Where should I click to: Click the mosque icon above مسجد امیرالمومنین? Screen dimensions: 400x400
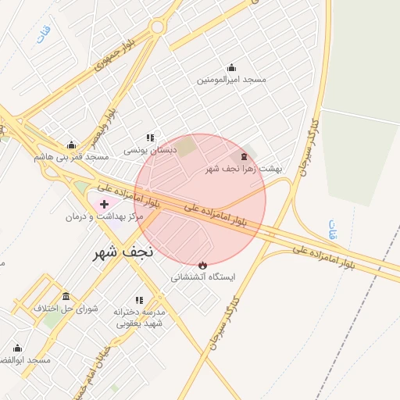[230, 68]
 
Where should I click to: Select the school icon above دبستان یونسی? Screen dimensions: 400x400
[150, 137]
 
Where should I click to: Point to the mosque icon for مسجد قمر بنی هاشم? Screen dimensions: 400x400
[71, 145]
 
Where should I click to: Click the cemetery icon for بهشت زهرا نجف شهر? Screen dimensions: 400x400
[244, 156]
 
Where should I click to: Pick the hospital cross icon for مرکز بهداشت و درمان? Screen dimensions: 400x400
[104, 204]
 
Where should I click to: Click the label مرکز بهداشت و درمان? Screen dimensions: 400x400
[104, 216]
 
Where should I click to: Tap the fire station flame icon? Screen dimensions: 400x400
[204, 265]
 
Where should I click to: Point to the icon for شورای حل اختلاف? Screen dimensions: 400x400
[66, 296]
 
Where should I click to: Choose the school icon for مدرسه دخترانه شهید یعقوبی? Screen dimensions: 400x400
[139, 299]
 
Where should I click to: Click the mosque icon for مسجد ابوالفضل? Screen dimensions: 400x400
[17, 348]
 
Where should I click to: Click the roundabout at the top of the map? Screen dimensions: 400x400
[158, 27]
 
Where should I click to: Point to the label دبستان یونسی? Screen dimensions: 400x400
[150, 149]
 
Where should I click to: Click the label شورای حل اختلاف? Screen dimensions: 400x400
[66, 309]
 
